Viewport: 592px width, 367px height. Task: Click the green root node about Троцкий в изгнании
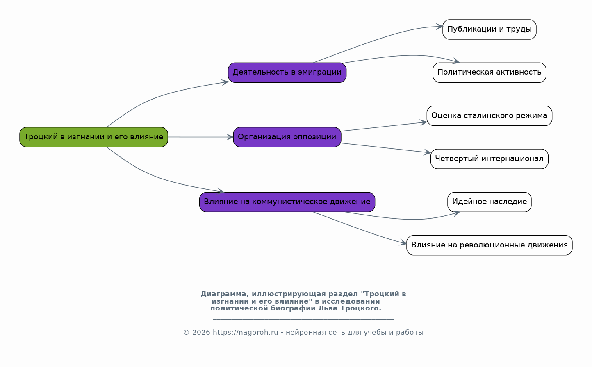pyautogui.click(x=93, y=137)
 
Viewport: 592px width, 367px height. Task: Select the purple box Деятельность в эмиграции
pyautogui.click(x=287, y=72)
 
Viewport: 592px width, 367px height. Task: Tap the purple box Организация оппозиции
pyautogui.click(x=287, y=137)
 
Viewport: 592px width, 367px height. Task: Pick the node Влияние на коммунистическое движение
pyautogui.click(x=287, y=202)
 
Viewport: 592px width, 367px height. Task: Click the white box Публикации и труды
pyautogui.click(x=489, y=29)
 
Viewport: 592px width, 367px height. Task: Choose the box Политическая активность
pyautogui.click(x=489, y=72)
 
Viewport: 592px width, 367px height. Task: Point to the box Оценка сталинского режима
pyautogui.click(x=489, y=116)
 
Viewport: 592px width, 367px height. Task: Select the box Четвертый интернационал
pyautogui.click(x=489, y=159)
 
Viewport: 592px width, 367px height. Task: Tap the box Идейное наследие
pyautogui.click(x=489, y=202)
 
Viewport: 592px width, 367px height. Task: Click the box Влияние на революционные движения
pyautogui.click(x=489, y=245)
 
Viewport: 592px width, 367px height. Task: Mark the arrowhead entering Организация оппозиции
pyautogui.click(x=230, y=137)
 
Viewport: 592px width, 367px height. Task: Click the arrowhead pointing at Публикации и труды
pyautogui.click(x=439, y=26)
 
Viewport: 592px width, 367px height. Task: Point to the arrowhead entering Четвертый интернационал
pyautogui.click(x=427, y=152)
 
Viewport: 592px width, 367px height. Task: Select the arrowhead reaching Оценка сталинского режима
pyautogui.click(x=424, y=122)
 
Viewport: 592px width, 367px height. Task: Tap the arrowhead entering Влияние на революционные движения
pyautogui.click(x=403, y=243)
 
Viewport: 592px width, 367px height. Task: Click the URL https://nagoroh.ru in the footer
pyautogui.click(x=245, y=333)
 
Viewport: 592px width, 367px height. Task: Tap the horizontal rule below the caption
pyautogui.click(x=303, y=319)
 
